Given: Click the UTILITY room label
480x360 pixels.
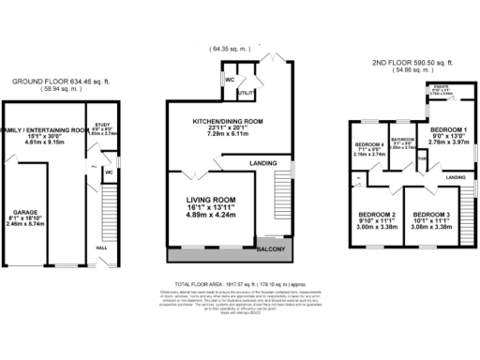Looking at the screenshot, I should (247, 95).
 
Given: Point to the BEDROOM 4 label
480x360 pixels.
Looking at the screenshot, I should (369, 144).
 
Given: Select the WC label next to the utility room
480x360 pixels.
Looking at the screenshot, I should (230, 81).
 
